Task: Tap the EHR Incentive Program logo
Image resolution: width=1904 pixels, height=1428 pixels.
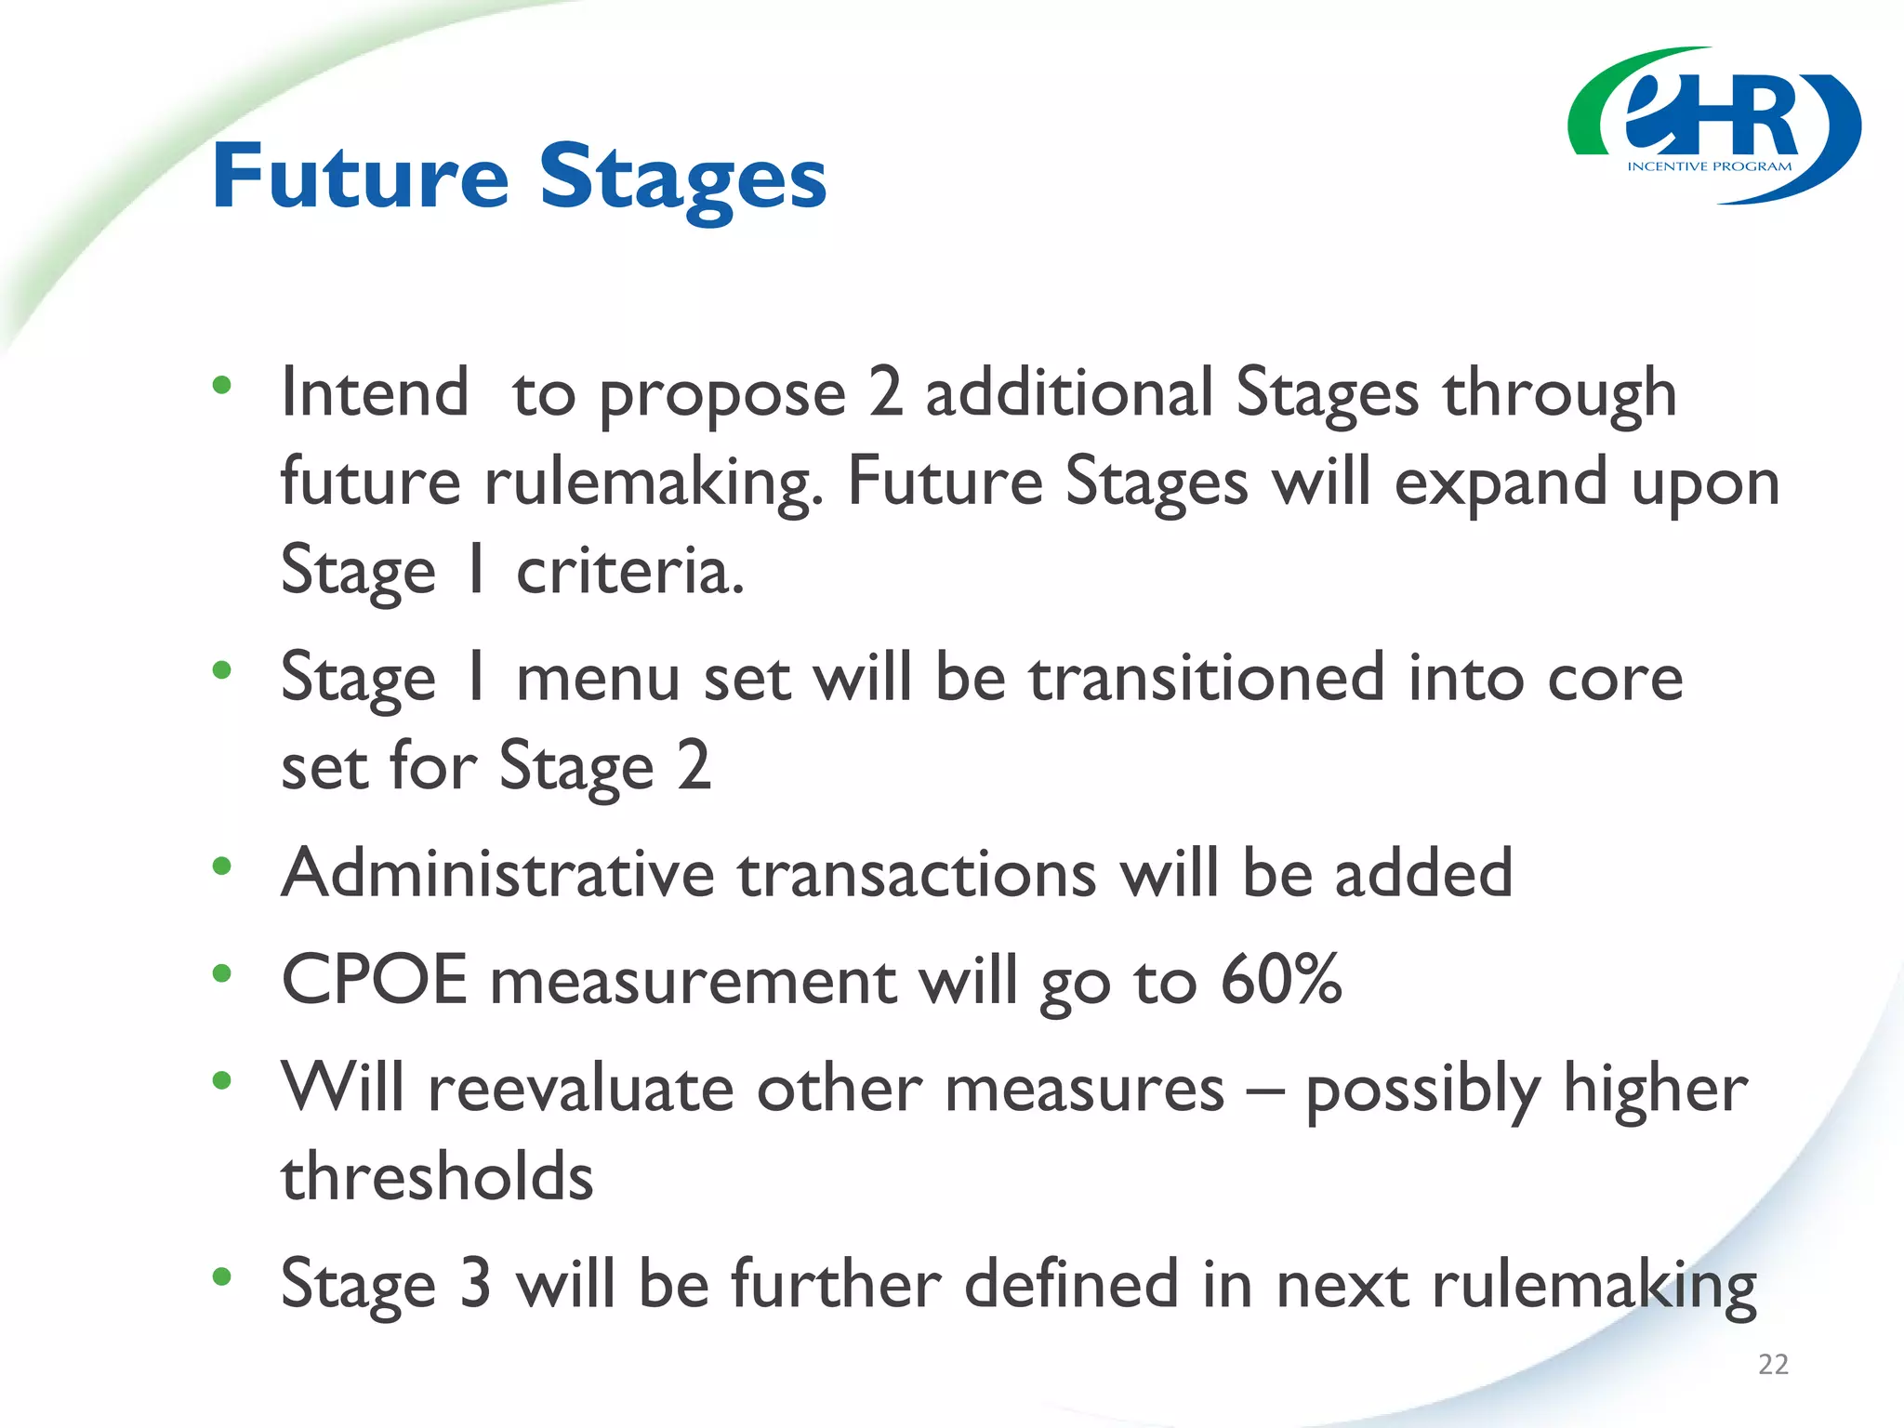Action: [x=1713, y=126]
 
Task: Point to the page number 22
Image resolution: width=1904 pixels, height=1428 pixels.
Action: [x=1773, y=1364]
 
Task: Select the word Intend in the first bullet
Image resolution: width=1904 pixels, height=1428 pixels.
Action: [x=375, y=392]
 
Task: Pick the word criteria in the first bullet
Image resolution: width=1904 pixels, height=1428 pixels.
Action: [x=629, y=571]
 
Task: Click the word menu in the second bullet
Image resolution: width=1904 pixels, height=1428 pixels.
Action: [x=598, y=678]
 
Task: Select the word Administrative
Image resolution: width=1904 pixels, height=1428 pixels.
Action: [x=497, y=874]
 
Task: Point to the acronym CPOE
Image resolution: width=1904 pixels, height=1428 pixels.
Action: [x=374, y=980]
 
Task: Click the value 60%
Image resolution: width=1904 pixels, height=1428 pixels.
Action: [x=1281, y=980]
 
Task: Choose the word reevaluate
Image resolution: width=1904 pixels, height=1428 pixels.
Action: [x=580, y=1088]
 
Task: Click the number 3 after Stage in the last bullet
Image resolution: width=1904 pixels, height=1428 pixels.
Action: [x=475, y=1285]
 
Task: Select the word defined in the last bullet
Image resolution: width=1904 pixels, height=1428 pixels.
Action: [x=1072, y=1285]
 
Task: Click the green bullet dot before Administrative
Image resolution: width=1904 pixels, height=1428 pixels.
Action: [x=221, y=866]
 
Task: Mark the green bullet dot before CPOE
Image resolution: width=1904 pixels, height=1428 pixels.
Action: [x=221, y=973]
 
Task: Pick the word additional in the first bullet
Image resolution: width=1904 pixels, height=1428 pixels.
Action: [x=1069, y=392]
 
